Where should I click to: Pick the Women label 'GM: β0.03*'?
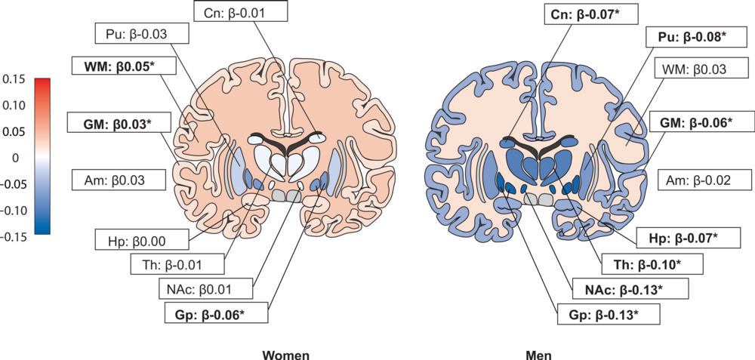(120, 121)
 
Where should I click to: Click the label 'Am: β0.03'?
(121, 180)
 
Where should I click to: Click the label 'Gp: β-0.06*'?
(214, 312)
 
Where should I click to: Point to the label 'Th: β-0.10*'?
(652, 264)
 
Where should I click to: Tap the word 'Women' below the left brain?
(286, 353)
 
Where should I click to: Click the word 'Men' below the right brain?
(541, 353)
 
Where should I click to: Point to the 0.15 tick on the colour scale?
(14, 78)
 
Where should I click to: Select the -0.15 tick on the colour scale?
(14, 235)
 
